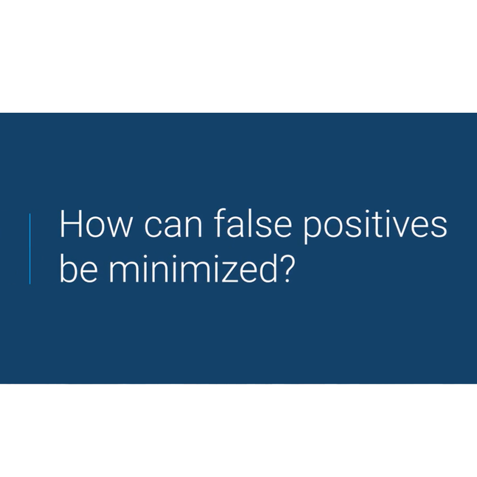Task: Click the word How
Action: [96, 224]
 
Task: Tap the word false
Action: [252, 223]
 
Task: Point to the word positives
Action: [375, 227]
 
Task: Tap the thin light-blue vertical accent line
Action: [30, 249]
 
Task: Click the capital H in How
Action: [71, 224]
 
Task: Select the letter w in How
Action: [119, 227]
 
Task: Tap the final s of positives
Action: [439, 227]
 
